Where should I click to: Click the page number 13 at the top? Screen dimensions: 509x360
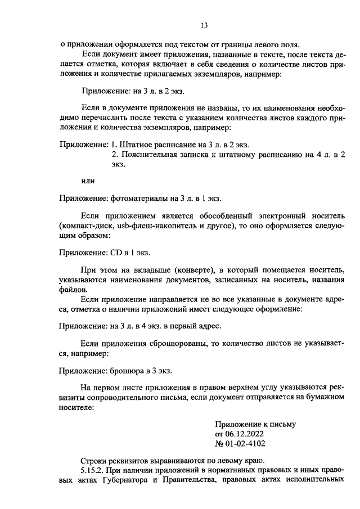[204, 25]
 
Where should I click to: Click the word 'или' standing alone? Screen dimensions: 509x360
[88, 181]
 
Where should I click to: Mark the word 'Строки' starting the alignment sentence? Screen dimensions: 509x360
[93, 459]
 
